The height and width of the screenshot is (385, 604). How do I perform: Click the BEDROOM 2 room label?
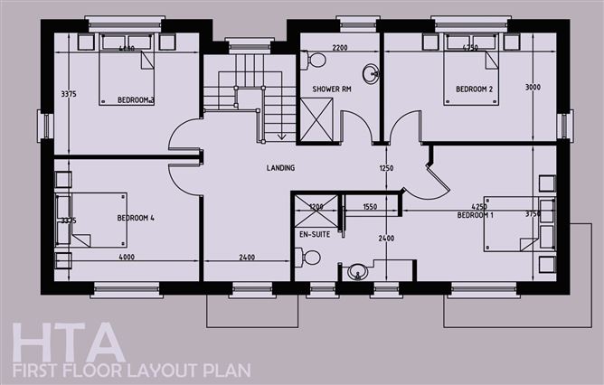coord(474,89)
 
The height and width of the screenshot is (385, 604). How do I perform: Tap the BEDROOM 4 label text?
coord(136,219)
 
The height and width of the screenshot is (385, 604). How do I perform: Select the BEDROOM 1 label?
coord(476,215)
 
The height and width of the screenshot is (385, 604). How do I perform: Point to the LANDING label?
coord(280,168)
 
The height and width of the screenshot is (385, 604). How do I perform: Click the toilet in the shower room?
coord(315,61)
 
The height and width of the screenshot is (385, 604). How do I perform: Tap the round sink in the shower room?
coord(372,73)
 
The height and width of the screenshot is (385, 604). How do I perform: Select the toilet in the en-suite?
coord(311,258)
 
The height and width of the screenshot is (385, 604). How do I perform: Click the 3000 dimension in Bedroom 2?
coord(532,88)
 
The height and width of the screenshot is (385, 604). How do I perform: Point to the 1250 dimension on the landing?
coord(387,168)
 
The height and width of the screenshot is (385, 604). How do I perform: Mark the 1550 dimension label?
coord(369,207)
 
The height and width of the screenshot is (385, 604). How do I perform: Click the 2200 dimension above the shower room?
coord(340,46)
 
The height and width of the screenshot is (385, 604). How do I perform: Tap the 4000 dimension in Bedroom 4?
coord(127,258)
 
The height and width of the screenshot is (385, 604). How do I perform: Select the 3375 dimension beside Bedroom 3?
coord(67,93)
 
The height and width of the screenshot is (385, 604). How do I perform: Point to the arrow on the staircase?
coord(281,136)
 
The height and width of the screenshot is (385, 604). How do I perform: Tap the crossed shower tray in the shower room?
coord(316,118)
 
